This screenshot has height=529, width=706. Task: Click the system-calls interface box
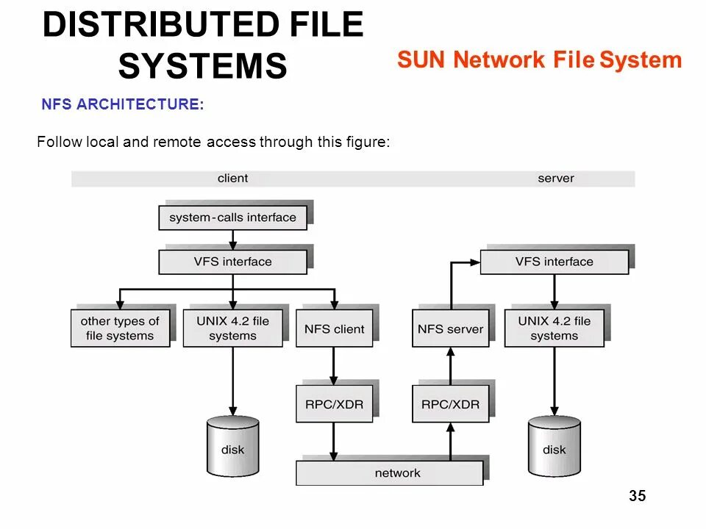pos(232,217)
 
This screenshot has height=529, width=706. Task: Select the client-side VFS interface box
pos(232,262)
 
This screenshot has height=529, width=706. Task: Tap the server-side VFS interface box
pos(554,262)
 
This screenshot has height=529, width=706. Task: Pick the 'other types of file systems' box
pos(120,328)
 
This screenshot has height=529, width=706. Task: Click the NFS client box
pos(334,328)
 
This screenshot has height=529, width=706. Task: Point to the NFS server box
pos(450,328)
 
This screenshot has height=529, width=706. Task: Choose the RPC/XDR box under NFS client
pos(334,403)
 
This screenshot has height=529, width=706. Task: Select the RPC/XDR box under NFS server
pos(450,403)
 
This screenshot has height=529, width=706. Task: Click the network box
pos(390,473)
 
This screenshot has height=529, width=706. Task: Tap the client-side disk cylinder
pos(232,446)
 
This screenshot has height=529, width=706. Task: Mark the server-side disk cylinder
pos(554,446)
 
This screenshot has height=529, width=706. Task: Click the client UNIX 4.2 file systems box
pos(232,328)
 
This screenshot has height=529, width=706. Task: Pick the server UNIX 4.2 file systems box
pos(554,328)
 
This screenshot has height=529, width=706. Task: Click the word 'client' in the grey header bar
pos(232,179)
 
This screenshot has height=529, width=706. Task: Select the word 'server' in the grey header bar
pos(555,179)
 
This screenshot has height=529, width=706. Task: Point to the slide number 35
pos(637,497)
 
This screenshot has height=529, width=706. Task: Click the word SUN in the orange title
pos(422,60)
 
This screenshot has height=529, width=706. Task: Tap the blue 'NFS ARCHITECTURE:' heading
pos(122,105)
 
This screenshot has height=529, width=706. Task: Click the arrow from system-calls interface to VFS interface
pos(232,240)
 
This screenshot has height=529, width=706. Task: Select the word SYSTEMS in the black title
pos(202,66)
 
